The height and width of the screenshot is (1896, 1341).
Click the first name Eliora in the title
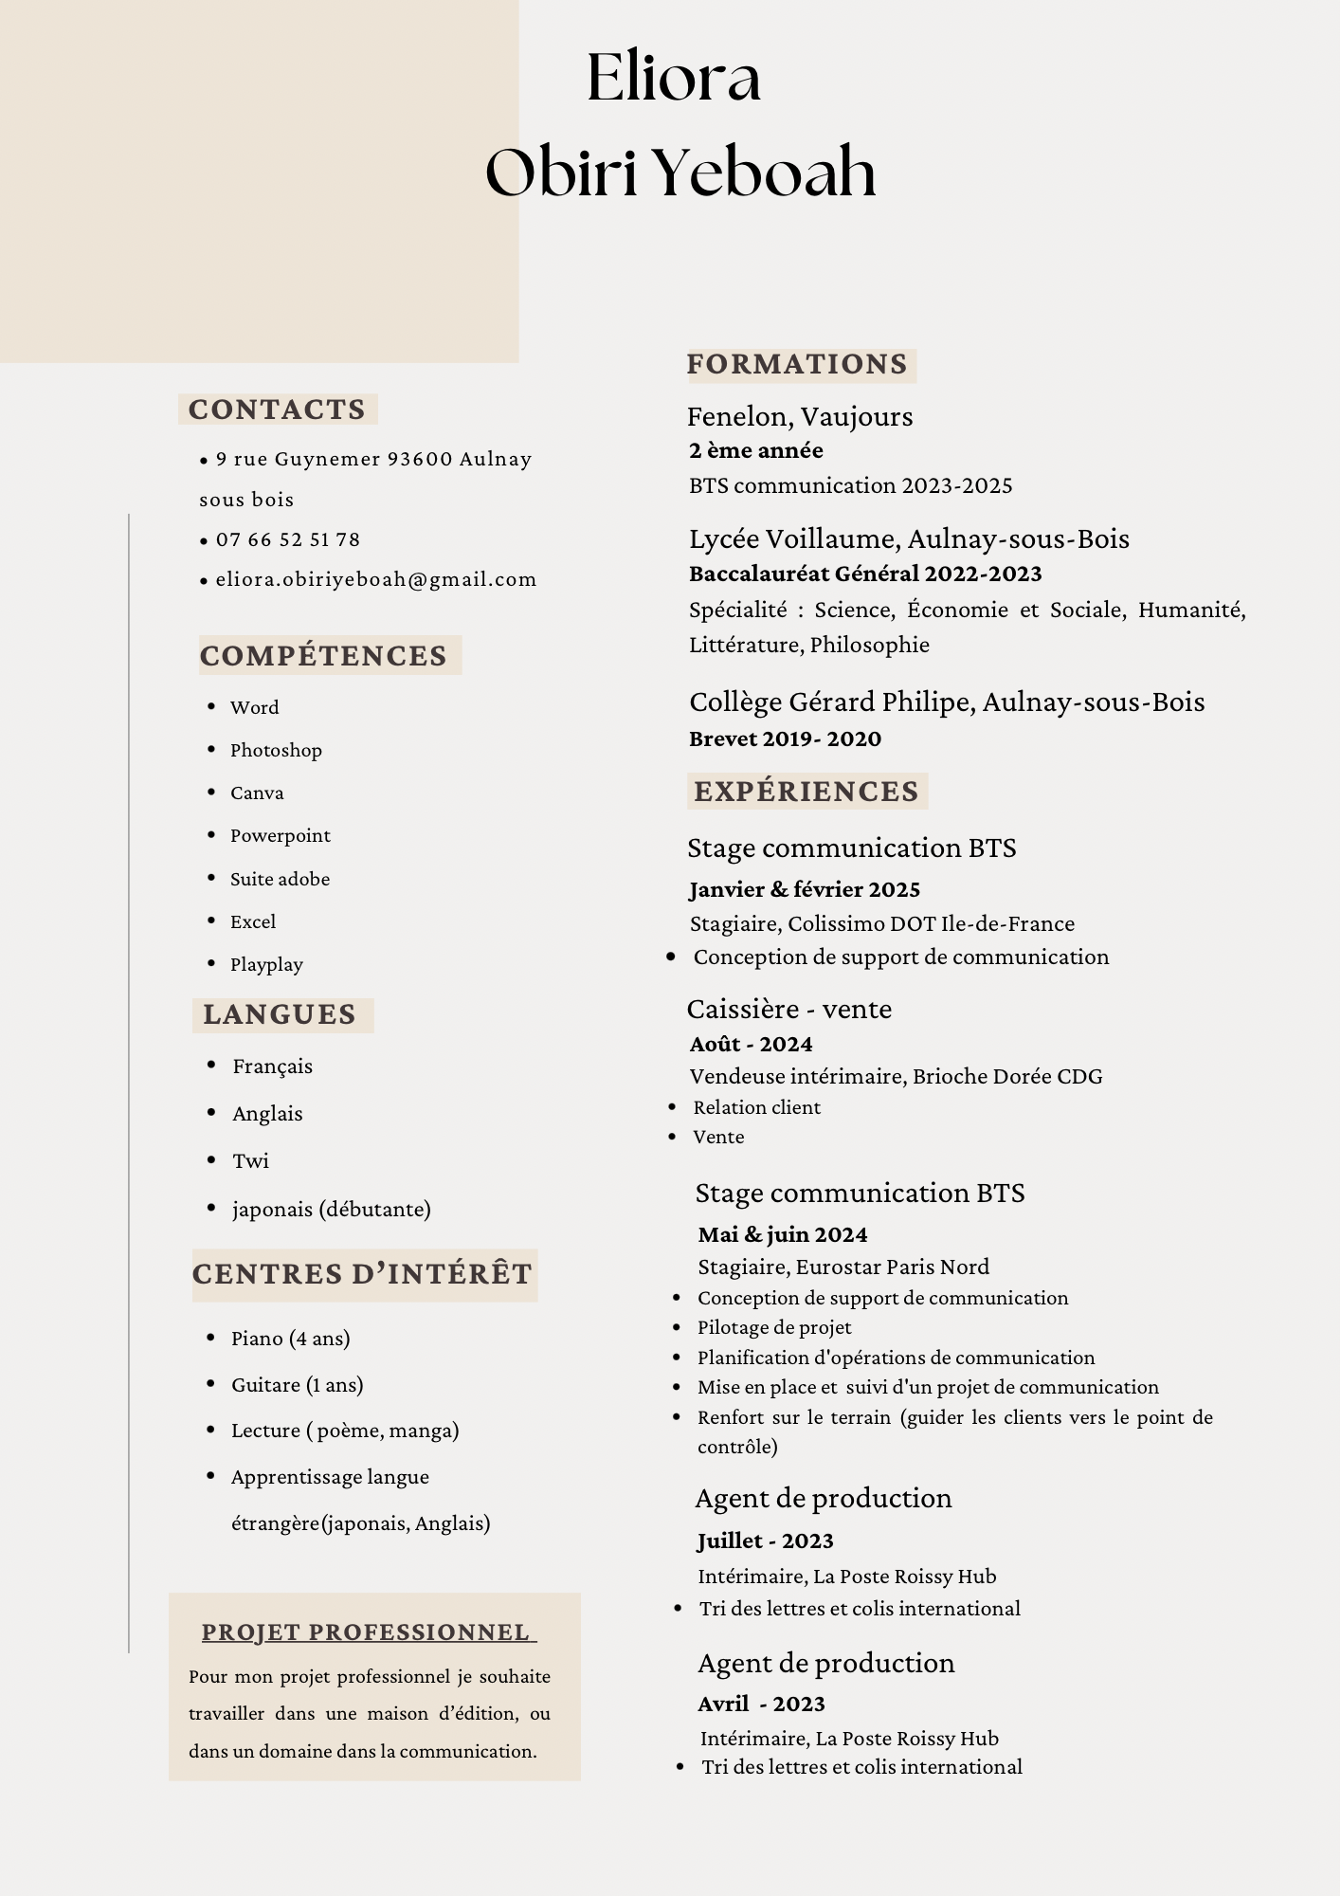coord(674,78)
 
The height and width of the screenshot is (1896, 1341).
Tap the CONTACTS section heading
coord(277,410)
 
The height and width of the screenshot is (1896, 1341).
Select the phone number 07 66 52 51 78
coord(288,539)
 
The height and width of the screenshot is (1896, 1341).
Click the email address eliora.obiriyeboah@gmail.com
coord(376,579)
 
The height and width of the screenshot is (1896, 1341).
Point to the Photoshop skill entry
coord(276,750)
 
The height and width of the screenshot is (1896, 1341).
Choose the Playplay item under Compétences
coord(266,964)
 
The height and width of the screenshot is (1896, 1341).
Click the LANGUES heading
coord(280,1014)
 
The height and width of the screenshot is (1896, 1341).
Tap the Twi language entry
coord(251,1160)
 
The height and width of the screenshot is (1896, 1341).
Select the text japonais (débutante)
coord(332,1209)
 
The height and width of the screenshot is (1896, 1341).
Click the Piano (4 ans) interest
coord(291,1338)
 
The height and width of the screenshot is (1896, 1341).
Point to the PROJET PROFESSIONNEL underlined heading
coord(366,1632)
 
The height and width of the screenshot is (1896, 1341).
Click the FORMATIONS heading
coord(797,364)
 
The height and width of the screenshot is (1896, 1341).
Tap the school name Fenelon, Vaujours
coord(800,416)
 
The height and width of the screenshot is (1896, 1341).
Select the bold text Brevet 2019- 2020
coord(785,738)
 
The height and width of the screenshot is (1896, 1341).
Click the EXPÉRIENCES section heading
coord(806,792)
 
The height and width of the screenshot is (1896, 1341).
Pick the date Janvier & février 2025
coord(805,889)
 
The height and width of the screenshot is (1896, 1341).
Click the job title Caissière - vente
coord(789,1009)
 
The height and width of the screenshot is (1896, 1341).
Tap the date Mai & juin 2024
coord(783,1234)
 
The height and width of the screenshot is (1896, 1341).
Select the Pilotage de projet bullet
coord(774,1327)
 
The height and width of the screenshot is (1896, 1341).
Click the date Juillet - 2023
coord(766,1540)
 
